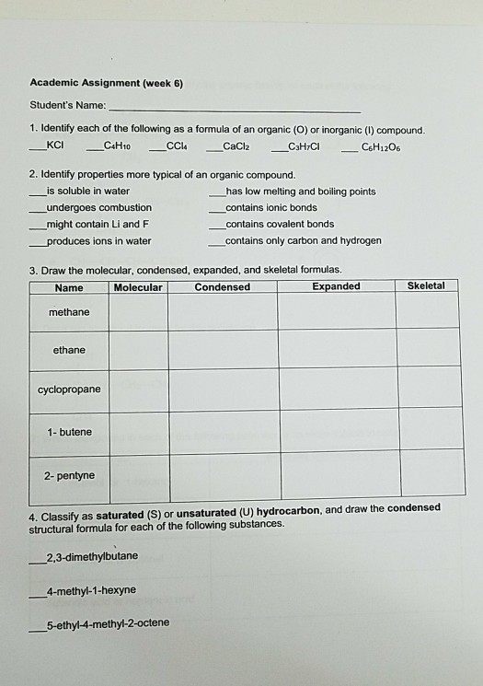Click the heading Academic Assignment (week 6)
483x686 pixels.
(x=106, y=83)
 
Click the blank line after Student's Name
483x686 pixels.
(x=235, y=107)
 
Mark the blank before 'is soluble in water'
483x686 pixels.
(x=36, y=192)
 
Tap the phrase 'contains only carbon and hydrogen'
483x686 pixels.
(x=303, y=240)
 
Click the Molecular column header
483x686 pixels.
(x=138, y=287)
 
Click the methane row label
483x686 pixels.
(x=69, y=312)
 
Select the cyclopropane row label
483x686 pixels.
(x=69, y=390)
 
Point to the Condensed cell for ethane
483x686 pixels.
(x=223, y=349)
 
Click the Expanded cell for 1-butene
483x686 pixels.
(x=339, y=430)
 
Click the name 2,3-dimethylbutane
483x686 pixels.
(x=98, y=556)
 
